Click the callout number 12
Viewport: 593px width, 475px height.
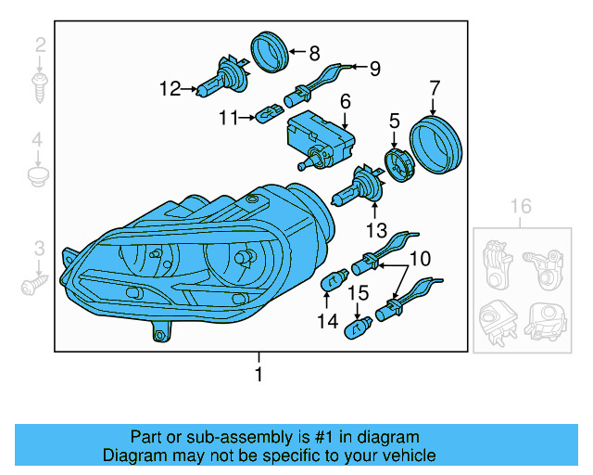coord(169,89)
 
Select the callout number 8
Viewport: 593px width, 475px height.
coord(314,53)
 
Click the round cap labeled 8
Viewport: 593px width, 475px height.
coord(271,50)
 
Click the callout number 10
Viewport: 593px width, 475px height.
coord(420,259)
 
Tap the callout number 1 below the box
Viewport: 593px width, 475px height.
coord(259,375)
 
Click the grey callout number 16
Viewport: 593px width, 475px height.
coord(521,206)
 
